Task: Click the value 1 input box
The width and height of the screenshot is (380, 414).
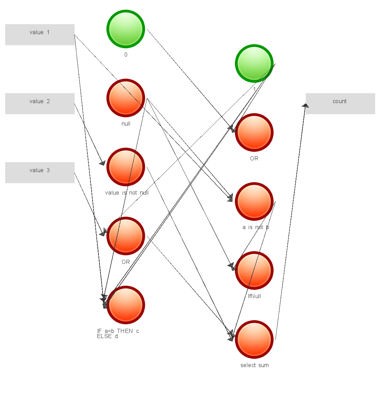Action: (40, 34)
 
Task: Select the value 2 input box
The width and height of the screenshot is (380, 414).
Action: (40, 103)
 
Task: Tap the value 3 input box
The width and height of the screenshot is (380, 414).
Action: (40, 172)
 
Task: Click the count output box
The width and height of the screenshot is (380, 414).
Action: (340, 103)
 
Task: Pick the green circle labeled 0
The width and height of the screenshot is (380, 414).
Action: (126, 29)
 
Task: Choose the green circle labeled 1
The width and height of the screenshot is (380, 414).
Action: (254, 63)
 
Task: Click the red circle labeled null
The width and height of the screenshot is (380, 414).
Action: (126, 98)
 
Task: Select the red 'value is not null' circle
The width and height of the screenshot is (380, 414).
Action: (126, 167)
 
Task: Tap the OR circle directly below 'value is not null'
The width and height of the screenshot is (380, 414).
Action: (126, 236)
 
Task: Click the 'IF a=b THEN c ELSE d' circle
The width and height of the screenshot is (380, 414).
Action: (126, 305)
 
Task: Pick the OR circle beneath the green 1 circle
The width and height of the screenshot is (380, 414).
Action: (254, 132)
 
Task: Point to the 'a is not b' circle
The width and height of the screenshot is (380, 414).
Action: (254, 201)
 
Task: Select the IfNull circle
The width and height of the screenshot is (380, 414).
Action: (254, 270)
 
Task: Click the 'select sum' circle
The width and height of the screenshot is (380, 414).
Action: (254, 339)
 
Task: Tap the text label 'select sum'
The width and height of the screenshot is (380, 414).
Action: (255, 365)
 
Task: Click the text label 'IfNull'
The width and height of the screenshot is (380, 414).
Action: (255, 296)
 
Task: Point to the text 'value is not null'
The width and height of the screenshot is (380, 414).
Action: (127, 193)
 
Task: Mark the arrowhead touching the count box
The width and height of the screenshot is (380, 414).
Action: (305, 105)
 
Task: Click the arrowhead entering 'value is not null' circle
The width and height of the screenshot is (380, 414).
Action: (102, 163)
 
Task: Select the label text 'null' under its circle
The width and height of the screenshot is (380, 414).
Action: (126, 124)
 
